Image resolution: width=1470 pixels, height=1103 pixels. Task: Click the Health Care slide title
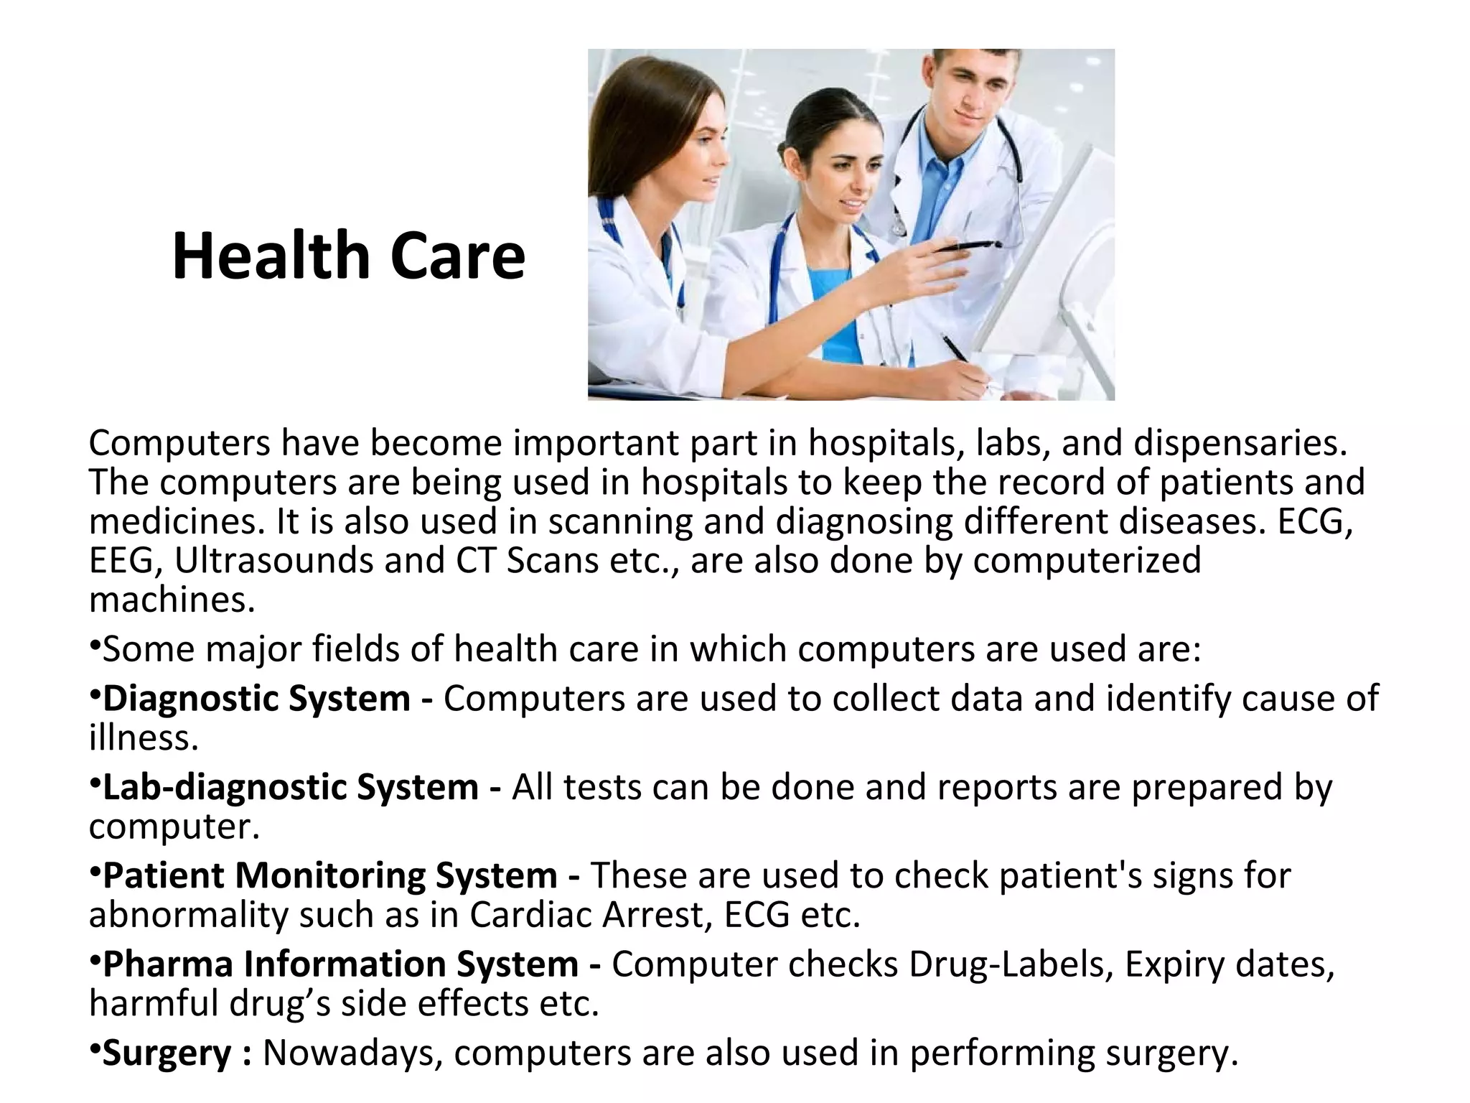pos(349,256)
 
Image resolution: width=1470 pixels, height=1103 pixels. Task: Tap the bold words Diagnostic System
pos(256,699)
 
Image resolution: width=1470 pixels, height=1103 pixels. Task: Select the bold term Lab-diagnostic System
pos(291,787)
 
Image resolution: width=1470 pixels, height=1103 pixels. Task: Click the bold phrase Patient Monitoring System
pos(330,875)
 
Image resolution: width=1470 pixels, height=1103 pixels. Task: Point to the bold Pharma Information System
pos(340,964)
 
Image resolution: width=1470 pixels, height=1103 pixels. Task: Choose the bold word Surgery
pos(167,1053)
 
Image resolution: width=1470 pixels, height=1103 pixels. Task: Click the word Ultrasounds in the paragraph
pos(273,561)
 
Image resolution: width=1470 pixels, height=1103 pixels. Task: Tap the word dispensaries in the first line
pos(1240,443)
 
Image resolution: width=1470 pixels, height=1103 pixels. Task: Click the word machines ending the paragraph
pos(172,600)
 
